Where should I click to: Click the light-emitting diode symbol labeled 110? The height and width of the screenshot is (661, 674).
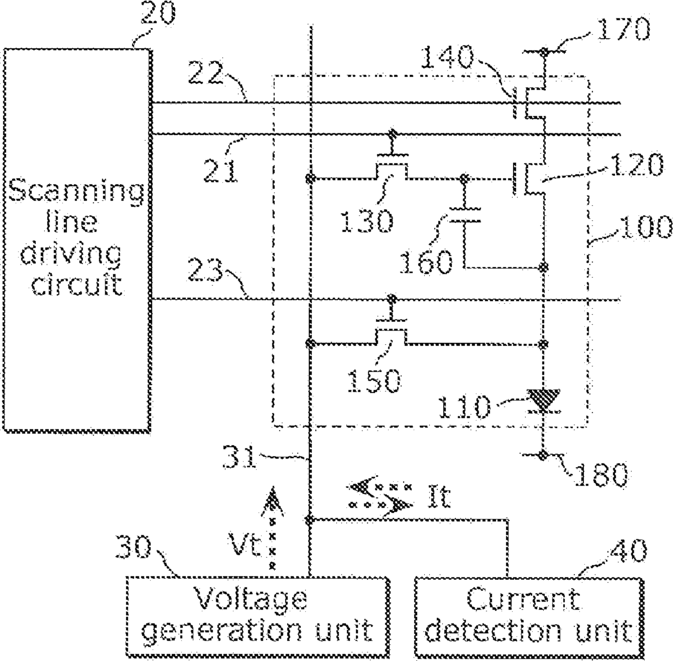click(544, 401)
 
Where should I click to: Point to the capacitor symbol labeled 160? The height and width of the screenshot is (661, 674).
click(464, 216)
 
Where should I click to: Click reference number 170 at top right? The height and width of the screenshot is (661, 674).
click(623, 29)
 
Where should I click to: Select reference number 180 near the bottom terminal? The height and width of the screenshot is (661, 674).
click(600, 475)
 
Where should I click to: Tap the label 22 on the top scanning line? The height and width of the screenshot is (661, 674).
click(205, 72)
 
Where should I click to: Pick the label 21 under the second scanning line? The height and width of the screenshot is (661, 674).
click(219, 169)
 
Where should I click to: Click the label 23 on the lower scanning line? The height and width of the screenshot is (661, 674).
click(205, 270)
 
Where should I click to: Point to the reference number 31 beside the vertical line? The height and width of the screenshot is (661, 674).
click(239, 457)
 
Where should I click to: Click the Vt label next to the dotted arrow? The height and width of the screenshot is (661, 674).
click(245, 545)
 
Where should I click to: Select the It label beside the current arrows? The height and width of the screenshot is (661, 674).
click(439, 496)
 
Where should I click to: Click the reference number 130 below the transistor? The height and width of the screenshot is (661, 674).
click(367, 221)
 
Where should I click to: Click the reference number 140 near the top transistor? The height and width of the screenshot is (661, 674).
click(446, 58)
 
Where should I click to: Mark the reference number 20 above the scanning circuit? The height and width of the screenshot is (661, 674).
click(158, 13)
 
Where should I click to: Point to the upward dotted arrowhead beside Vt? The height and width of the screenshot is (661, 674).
click(272, 501)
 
